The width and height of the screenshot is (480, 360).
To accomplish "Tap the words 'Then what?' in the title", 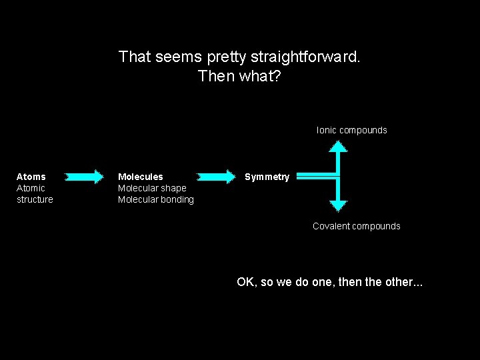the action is click(239, 76).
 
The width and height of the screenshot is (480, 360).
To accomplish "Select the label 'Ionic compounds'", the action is click(351, 130).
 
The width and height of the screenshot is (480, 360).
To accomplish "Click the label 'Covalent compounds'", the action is click(357, 226).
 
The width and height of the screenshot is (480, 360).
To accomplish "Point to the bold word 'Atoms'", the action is click(31, 177).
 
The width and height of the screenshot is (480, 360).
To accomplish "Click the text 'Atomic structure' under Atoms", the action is click(34, 193).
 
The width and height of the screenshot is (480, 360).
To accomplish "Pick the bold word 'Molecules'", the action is click(140, 177).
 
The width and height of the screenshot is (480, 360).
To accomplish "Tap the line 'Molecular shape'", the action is click(152, 188).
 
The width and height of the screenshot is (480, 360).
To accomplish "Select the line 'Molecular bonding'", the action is click(156, 199).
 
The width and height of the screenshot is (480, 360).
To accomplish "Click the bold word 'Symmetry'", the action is click(267, 177).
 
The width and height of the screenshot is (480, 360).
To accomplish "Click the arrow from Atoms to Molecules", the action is click(84, 177).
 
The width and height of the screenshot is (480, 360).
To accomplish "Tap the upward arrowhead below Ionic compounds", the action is click(339, 149).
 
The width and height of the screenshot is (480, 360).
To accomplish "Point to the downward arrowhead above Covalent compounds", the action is click(339, 205).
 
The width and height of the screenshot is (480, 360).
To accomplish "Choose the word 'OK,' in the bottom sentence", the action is click(247, 282).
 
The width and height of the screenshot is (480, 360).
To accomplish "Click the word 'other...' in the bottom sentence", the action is click(403, 282).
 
